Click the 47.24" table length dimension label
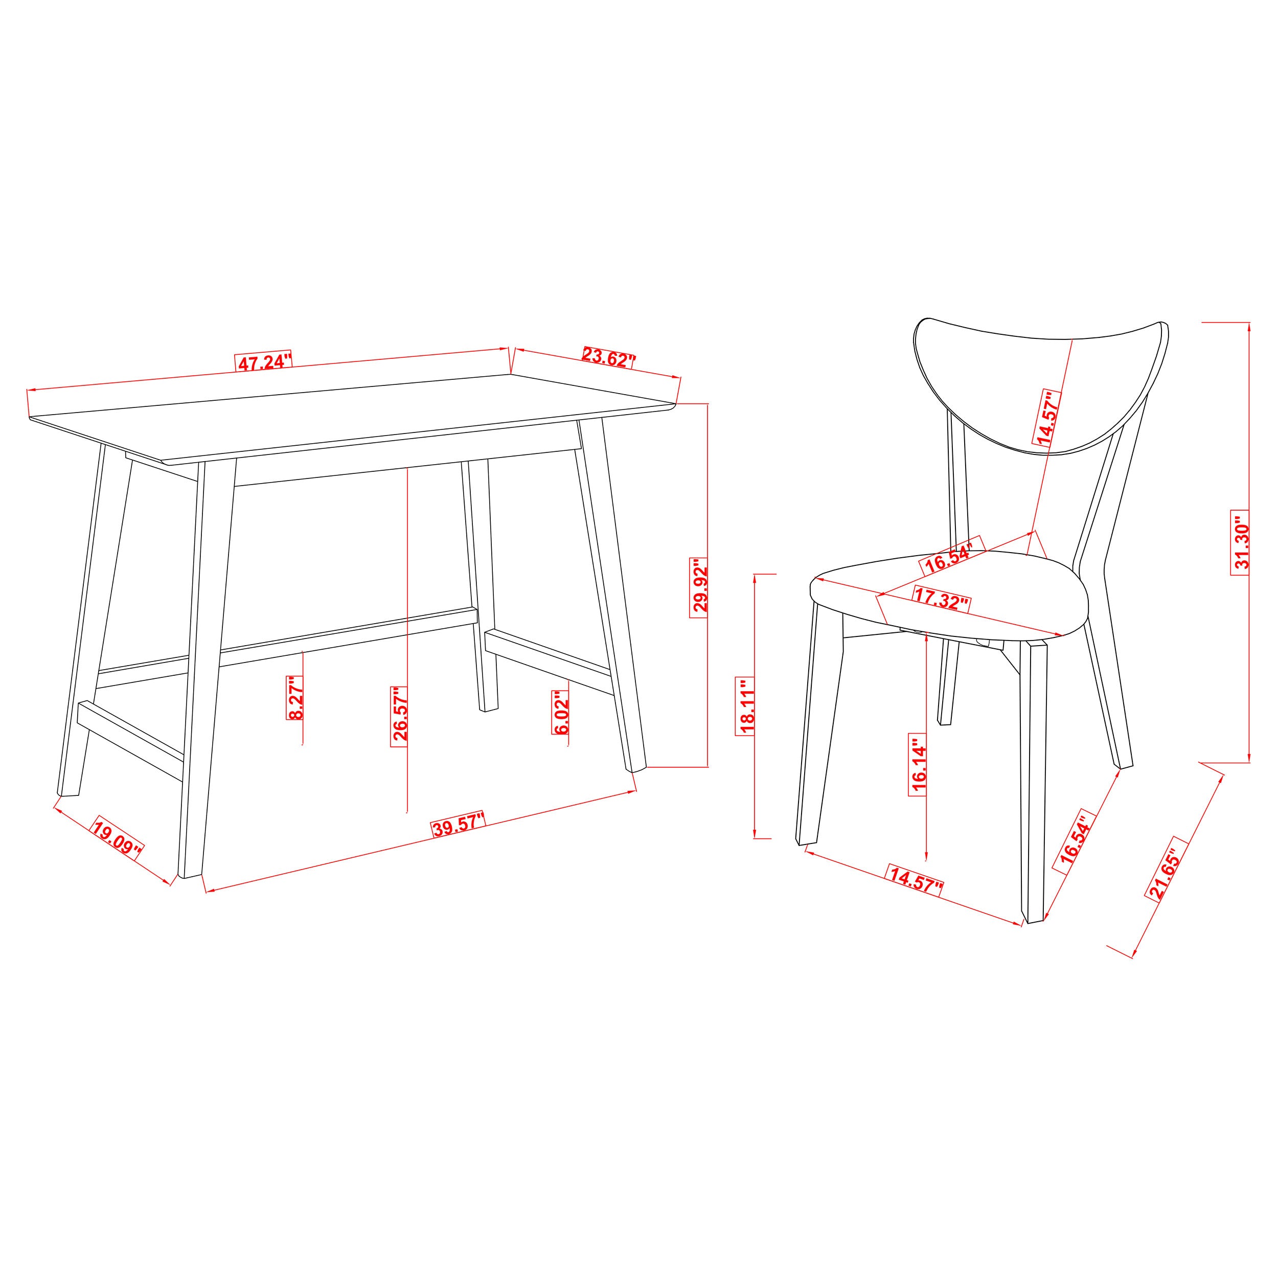tap(263, 362)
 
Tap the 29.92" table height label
tap(700, 588)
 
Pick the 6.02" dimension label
tap(560, 713)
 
